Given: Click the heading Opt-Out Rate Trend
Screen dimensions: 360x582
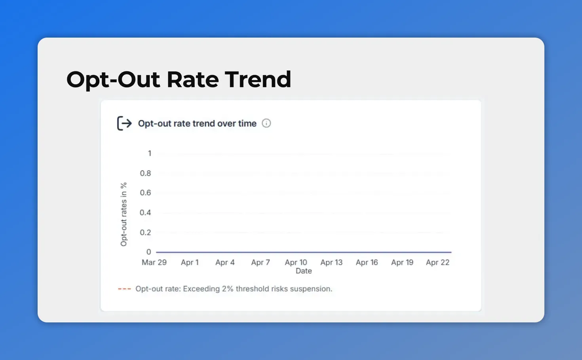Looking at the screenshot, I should point(179,80).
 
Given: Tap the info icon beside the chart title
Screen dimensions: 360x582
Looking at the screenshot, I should point(266,123).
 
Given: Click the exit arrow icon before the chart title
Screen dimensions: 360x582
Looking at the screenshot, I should point(124,123).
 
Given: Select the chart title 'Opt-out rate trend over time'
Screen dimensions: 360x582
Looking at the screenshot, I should point(197,123).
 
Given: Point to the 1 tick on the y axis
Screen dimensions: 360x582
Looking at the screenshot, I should point(150,153).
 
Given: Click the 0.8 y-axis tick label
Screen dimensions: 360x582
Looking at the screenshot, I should point(145,173).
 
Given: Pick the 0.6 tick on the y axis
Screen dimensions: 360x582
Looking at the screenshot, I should point(145,193).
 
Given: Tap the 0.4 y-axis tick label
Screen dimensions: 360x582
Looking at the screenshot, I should point(145,213).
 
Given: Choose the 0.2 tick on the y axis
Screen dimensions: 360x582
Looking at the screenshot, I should point(145,233).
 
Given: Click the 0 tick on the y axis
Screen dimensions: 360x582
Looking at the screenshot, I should point(149,252).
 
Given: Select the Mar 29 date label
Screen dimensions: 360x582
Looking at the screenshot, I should point(154,263).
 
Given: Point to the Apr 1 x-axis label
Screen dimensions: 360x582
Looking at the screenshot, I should point(190,263).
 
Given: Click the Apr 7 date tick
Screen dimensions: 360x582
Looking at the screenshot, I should point(261,263).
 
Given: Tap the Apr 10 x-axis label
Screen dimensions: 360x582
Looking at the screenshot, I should point(296,263).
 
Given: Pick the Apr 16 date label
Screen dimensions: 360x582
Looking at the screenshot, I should point(367,263).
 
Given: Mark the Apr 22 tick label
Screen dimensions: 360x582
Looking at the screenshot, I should point(437,263).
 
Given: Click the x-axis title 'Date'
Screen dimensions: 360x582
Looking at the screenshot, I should point(304,271).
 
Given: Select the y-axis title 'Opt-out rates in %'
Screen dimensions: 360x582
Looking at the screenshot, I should point(124,214).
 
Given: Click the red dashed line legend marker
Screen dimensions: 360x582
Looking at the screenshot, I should point(124,289).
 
